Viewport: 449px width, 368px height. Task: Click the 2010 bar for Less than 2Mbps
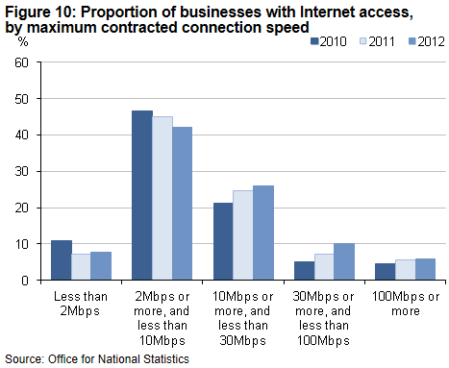[x=62, y=260]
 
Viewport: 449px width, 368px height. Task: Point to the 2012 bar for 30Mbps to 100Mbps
[x=342, y=262]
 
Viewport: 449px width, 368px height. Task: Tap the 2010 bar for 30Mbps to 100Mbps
[x=304, y=271]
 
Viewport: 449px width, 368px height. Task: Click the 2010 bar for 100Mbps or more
[x=385, y=272]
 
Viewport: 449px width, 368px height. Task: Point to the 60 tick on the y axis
[x=34, y=62]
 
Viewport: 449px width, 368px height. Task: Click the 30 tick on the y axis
[x=34, y=171]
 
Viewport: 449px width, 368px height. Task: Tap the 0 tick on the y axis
[x=37, y=281]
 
